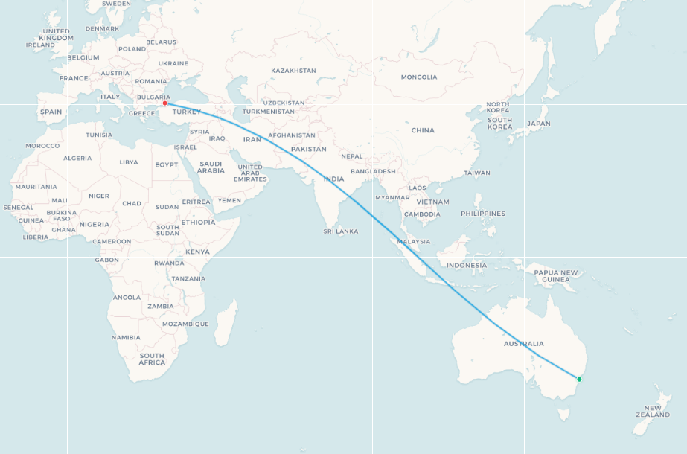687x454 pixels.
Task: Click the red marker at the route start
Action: [164, 103]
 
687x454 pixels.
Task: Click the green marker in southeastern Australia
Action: [579, 380]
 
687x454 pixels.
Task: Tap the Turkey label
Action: [186, 112]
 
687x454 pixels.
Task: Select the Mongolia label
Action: [419, 77]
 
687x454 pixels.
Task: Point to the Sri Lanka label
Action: [340, 231]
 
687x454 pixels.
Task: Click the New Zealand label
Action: [653, 411]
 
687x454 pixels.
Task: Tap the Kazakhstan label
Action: [293, 71]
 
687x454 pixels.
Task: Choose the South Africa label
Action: [152, 359]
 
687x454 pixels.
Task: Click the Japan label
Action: [538, 124]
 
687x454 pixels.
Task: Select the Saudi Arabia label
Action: [211, 167]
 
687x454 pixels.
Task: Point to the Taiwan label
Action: [476, 173]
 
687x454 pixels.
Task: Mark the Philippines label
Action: [482, 214]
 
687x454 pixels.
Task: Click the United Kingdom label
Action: [57, 34]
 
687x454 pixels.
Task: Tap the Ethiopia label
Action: [198, 222]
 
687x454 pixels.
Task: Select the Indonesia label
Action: [467, 266]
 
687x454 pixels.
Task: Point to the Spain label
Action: [51, 112]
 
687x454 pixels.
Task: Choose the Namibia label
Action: [126, 337]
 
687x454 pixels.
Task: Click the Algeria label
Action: [77, 158]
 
